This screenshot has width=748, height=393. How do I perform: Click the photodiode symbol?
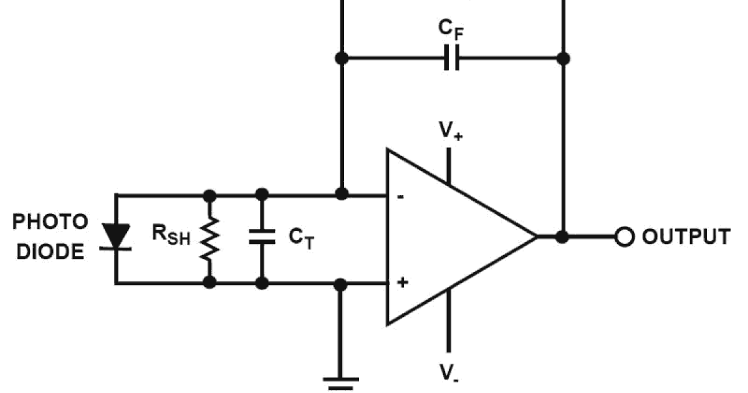pyautogui.click(x=115, y=238)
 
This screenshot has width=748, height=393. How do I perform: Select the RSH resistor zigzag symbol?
pyautogui.click(x=210, y=238)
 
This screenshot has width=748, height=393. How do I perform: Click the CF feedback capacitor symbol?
pyautogui.click(x=452, y=58)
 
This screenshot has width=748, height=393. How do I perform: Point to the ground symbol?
pyautogui.click(x=340, y=381)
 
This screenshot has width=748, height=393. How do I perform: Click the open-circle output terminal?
pyautogui.click(x=624, y=237)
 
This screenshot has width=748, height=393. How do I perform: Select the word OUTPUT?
pyautogui.click(x=686, y=237)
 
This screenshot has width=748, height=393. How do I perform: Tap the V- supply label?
pyautogui.click(x=447, y=372)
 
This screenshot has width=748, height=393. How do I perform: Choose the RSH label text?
pyautogui.click(x=170, y=235)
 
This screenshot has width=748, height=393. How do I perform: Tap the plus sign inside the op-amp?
pyautogui.click(x=403, y=283)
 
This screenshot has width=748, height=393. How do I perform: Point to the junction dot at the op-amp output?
pyautogui.click(x=562, y=237)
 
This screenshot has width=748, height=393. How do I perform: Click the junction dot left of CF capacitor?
pyautogui.click(x=341, y=58)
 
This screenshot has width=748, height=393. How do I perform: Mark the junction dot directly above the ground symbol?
pyautogui.click(x=340, y=284)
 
